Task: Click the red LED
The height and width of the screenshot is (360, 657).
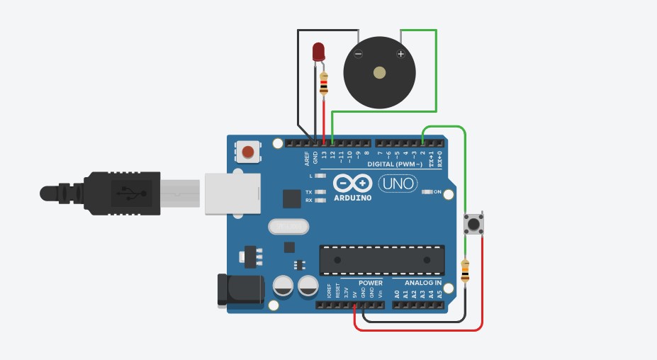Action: tap(318, 52)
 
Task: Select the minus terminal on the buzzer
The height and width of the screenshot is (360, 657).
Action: tap(358, 54)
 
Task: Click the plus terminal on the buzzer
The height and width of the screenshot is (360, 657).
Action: tap(400, 54)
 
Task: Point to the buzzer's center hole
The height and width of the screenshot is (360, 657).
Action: tap(379, 72)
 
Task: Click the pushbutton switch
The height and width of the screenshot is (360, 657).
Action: tap(473, 225)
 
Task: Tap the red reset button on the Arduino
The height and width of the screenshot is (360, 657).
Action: tap(248, 151)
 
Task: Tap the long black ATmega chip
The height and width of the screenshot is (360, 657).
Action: tap(382, 259)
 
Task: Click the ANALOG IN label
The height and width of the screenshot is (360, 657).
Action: tap(422, 283)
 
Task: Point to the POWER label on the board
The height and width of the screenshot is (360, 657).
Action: tap(370, 283)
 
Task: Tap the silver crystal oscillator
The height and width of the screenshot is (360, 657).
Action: tap(288, 226)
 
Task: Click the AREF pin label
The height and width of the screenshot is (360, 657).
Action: tap(307, 157)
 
